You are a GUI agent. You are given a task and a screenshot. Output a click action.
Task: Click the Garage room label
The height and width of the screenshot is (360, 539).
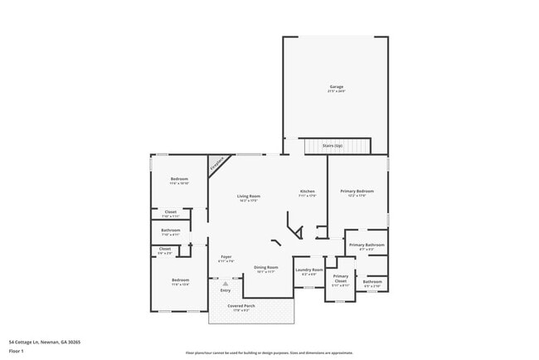point(336,86)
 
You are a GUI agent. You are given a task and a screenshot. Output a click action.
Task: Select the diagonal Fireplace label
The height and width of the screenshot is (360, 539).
point(216,163)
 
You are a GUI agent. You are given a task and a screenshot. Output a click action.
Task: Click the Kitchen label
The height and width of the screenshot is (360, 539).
point(307,192)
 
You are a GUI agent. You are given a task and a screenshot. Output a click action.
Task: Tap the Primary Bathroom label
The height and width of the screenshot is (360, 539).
point(366,245)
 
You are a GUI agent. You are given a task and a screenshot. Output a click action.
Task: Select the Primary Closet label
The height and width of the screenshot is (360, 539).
point(341,278)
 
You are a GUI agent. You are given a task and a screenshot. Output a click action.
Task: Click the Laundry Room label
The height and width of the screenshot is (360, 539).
point(308,270)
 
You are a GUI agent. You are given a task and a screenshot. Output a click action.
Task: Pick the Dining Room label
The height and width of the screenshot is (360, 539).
point(266,267)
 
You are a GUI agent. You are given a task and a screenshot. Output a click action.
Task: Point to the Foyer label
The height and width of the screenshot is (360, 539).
point(226,257)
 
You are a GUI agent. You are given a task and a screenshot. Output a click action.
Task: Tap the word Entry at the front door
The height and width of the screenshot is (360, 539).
point(226,290)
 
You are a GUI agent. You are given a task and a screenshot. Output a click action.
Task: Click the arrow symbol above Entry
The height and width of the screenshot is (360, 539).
point(225,284)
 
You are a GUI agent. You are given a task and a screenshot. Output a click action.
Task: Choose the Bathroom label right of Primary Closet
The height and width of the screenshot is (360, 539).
point(372,281)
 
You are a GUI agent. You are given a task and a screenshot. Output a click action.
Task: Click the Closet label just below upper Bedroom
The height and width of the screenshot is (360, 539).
point(171,212)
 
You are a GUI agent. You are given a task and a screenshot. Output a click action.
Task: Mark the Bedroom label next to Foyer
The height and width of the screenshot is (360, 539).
point(180,280)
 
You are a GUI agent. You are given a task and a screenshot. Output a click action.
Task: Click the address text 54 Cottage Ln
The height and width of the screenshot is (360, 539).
point(45,341)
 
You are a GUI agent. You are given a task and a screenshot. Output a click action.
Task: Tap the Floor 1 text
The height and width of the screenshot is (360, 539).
point(17,350)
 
